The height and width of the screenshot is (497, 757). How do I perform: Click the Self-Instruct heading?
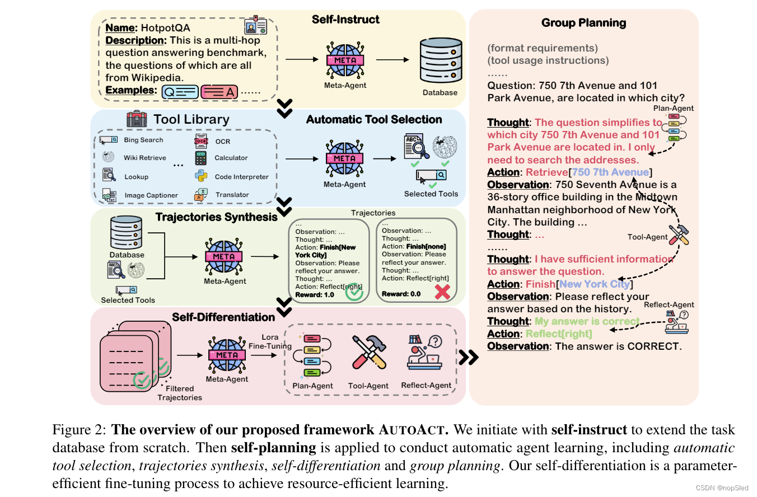[x=345, y=20]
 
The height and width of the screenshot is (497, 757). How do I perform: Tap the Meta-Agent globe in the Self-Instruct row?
[x=345, y=59]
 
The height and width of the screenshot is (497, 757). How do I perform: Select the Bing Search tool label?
[x=143, y=140]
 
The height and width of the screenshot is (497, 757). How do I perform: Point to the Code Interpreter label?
[x=241, y=177]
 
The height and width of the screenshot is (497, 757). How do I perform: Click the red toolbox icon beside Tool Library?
[x=137, y=119]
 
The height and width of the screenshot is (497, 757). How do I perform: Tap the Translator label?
[x=232, y=195]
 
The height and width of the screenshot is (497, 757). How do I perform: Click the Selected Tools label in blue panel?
[x=431, y=194]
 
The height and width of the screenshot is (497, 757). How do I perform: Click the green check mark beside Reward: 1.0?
[x=354, y=293]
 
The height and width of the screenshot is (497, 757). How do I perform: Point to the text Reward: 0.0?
[x=401, y=294]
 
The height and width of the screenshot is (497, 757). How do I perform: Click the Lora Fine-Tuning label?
[x=270, y=342]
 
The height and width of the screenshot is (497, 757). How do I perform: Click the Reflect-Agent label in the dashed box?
[x=426, y=385]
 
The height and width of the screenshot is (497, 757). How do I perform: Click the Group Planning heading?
[x=583, y=23]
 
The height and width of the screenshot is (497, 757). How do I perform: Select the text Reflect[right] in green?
[x=559, y=334]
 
